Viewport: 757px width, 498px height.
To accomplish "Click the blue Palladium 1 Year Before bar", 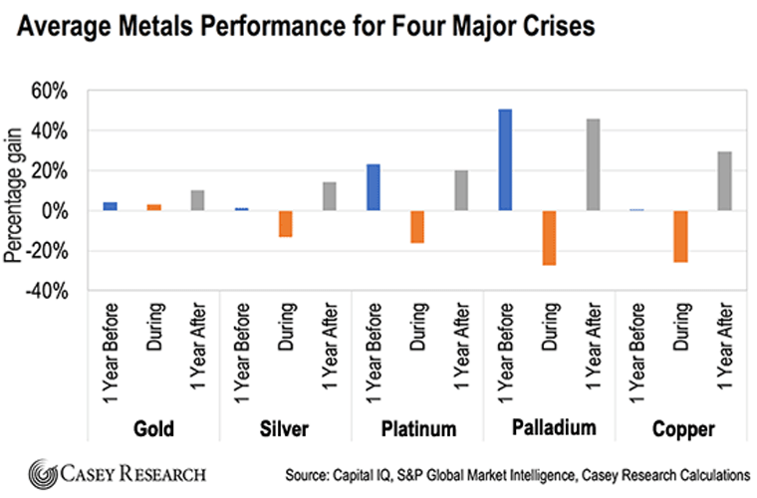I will click(x=505, y=159).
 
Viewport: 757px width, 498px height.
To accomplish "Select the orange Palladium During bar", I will click(x=549, y=237).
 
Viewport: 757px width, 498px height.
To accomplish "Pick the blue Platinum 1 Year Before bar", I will click(x=373, y=187).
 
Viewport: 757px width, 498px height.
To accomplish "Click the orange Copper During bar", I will click(x=680, y=236).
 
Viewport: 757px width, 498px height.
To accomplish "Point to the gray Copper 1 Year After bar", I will click(x=724, y=180).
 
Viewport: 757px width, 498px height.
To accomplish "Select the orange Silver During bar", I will click(x=285, y=223).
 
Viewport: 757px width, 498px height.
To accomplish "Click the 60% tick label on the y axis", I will click(x=50, y=92).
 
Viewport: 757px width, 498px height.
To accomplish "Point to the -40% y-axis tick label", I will click(x=47, y=292).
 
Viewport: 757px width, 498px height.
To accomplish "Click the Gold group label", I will click(x=153, y=430).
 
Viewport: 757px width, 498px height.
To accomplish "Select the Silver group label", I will click(x=285, y=430).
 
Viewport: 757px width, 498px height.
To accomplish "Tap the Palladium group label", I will click(x=549, y=429).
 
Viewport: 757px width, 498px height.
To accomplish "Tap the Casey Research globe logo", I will click(x=44, y=472).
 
